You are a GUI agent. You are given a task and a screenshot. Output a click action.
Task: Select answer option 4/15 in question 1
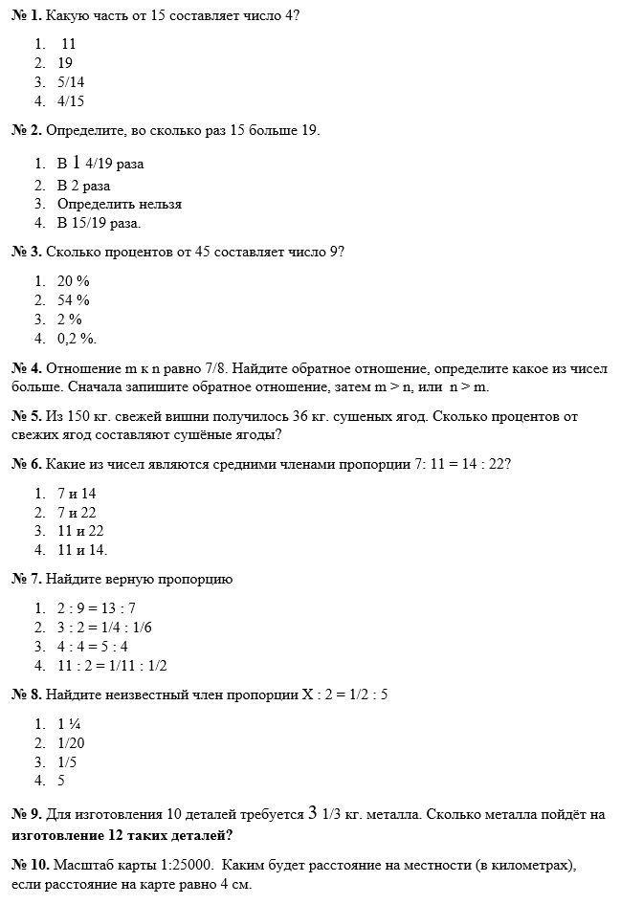click(x=71, y=100)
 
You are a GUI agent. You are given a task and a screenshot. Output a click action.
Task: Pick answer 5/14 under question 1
click(x=71, y=82)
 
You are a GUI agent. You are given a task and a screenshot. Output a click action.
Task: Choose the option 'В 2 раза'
click(x=83, y=186)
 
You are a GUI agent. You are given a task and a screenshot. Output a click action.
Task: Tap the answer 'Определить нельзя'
click(x=119, y=204)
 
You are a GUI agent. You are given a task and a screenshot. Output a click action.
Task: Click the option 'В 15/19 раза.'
click(x=99, y=223)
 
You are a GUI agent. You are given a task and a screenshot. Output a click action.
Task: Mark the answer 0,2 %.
click(x=77, y=338)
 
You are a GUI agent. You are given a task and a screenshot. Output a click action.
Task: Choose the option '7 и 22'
click(x=77, y=512)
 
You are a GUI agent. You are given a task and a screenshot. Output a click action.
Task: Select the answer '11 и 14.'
click(x=82, y=550)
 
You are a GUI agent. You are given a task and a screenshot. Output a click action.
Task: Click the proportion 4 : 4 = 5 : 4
click(x=93, y=646)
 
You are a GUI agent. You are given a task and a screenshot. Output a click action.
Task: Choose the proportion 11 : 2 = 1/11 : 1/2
click(x=112, y=665)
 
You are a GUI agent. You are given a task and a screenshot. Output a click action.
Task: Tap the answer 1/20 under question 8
click(x=71, y=742)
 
